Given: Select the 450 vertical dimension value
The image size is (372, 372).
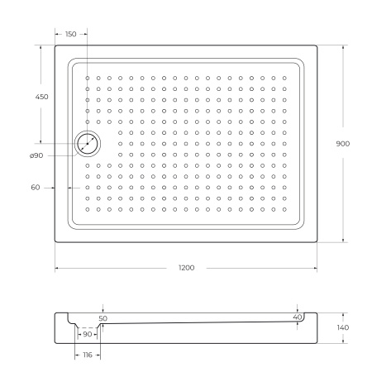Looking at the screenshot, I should [x=41, y=97].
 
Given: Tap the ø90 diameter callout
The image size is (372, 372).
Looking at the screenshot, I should [x=36, y=156].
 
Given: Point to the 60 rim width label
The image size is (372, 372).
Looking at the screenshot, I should [x=36, y=188].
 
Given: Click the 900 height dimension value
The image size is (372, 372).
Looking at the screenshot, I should [x=342, y=143].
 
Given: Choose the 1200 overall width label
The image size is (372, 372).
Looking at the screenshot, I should [x=186, y=269].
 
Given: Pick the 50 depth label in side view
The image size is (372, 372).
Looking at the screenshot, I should [x=103, y=317].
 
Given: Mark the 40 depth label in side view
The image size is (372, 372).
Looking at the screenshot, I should [x=298, y=317].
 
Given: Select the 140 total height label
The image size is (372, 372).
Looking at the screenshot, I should [x=342, y=328].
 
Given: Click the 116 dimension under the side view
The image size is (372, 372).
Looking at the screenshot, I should [x=88, y=354].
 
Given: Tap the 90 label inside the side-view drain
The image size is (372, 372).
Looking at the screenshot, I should [x=88, y=334].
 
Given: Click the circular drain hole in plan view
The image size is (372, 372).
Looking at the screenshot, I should [x=88, y=144].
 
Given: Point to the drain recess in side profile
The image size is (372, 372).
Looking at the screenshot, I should [x=88, y=330].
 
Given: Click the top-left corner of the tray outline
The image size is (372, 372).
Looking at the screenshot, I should [x=56, y=45].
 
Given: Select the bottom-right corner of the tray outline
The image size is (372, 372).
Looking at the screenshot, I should [x=317, y=242].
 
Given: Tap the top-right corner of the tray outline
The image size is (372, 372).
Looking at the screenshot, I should [x=317, y=45].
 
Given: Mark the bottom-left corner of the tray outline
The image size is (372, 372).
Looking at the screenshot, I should [x=56, y=242].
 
